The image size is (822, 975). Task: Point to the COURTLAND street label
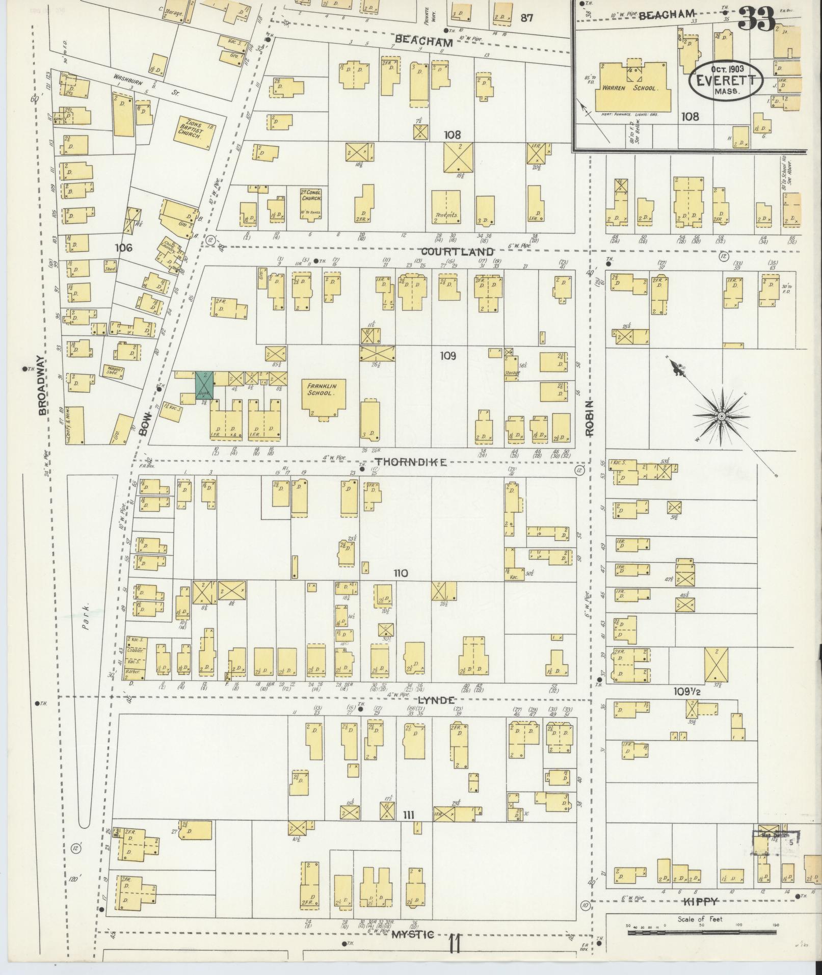457,252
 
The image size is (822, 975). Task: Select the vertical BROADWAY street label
43,385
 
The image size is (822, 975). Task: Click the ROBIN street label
590,418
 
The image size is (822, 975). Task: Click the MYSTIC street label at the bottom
413,934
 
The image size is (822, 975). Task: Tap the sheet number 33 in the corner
756,19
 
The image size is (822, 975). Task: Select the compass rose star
721,417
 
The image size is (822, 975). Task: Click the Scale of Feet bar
702,932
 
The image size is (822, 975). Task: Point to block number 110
400,573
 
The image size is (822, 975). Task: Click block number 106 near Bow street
123,248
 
